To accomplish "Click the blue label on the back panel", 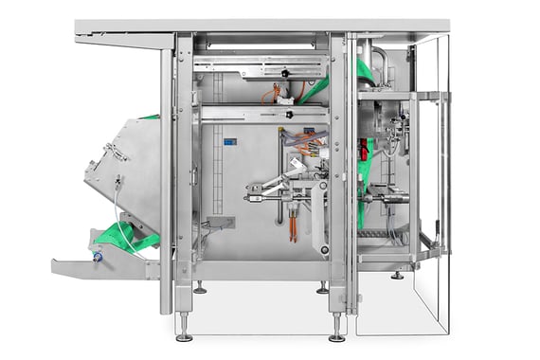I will tap(228, 143).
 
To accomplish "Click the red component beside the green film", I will tap(363, 150).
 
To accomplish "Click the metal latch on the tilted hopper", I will tap(117, 149).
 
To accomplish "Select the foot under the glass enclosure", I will tap(397, 276).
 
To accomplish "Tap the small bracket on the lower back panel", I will tap(220, 224).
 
